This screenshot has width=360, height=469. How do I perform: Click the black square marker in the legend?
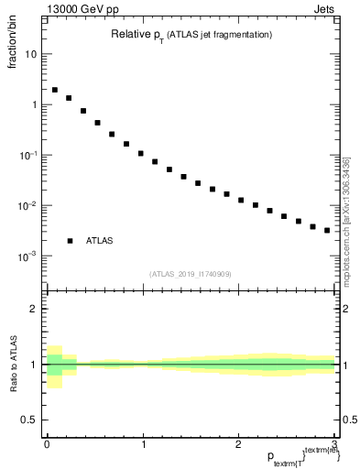[x=70, y=241]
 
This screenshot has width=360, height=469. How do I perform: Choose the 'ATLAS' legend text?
[x=100, y=241]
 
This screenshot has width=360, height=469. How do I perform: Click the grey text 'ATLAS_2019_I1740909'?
[x=191, y=274]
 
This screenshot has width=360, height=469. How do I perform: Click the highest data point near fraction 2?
[x=55, y=90]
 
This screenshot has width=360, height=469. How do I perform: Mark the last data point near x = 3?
[x=327, y=230]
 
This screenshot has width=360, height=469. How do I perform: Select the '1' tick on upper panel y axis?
[x=34, y=104]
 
